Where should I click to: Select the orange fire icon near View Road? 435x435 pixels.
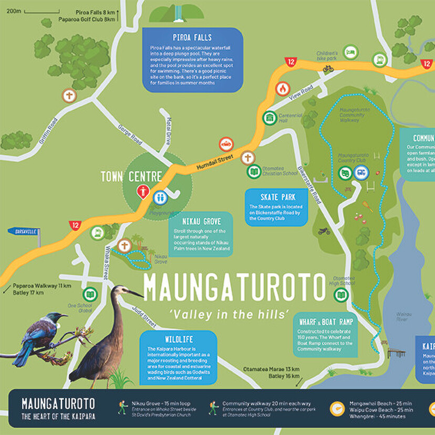[x=283, y=89]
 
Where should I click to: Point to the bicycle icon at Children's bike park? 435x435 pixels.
[x=328, y=68]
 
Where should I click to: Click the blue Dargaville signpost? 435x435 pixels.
[x=24, y=231]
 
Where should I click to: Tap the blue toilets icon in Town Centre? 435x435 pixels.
[x=161, y=198]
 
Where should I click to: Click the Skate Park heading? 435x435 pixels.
[x=277, y=198]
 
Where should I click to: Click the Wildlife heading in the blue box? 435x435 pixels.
[x=179, y=339]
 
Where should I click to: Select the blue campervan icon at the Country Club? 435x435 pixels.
[x=361, y=172]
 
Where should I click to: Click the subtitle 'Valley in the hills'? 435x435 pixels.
[x=230, y=314]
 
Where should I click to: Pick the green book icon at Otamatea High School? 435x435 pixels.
[x=341, y=295]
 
